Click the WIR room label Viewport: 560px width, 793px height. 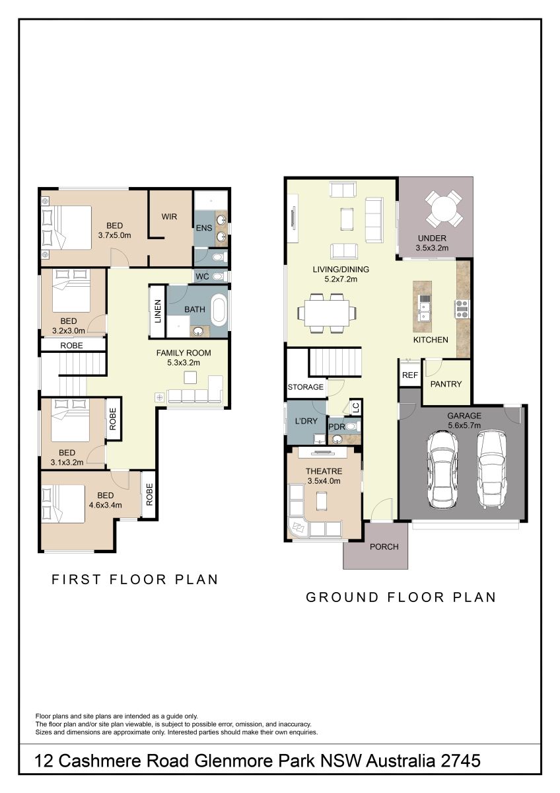[x=169, y=217]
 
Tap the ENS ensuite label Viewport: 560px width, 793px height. [x=204, y=228]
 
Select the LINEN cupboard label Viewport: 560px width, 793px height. [x=158, y=311]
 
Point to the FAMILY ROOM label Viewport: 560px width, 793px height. [x=184, y=353]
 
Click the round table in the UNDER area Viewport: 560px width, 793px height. [x=444, y=209]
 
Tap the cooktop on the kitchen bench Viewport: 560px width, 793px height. [x=462, y=309]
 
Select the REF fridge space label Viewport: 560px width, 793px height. [x=410, y=375]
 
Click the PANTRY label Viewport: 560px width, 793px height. [x=446, y=384]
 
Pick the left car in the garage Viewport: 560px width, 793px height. [x=442, y=469]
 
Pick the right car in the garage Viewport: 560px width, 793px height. [x=492, y=469]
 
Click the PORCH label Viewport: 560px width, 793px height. [x=384, y=547]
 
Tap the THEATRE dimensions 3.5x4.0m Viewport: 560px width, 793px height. [x=324, y=481]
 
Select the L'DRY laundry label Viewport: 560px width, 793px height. [x=306, y=421]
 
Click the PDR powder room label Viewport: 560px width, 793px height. [x=337, y=427]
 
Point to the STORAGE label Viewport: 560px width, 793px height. [x=306, y=387]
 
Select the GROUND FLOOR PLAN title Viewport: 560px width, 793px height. [x=401, y=597]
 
